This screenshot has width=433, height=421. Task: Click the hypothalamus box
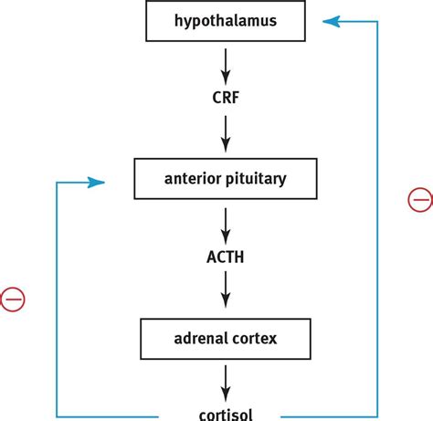[225, 20]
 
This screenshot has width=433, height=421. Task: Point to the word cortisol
[225, 414]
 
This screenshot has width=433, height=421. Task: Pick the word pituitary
[256, 178]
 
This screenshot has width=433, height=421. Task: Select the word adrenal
[201, 339]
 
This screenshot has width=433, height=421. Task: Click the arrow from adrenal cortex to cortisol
[225, 383]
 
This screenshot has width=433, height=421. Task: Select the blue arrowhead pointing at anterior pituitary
[97, 183]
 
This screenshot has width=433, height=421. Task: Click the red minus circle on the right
[420, 199]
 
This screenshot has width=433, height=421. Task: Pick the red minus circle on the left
[12, 299]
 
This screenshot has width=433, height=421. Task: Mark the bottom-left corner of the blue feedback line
[57, 414]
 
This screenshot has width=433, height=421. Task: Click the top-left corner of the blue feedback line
[57, 183]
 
